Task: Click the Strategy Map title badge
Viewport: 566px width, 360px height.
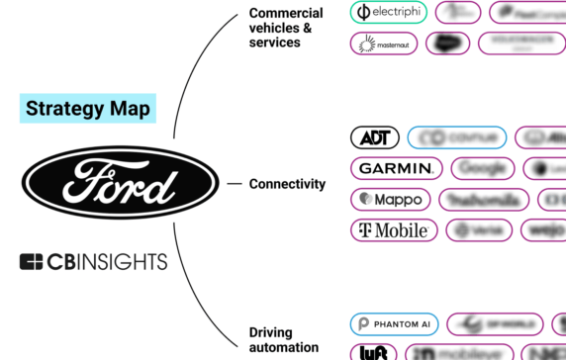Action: (x=87, y=108)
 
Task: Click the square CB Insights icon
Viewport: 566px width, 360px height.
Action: (x=32, y=262)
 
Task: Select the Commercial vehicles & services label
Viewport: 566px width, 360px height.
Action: (x=285, y=28)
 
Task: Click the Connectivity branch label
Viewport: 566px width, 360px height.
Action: (x=287, y=184)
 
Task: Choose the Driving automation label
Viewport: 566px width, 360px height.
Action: (x=284, y=339)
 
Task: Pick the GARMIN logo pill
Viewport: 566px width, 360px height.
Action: (x=396, y=168)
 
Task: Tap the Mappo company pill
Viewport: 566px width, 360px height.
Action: (x=391, y=199)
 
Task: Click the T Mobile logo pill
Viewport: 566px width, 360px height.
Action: (x=393, y=230)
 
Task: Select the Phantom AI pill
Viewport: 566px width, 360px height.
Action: (x=393, y=324)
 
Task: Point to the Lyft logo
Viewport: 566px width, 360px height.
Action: (x=373, y=352)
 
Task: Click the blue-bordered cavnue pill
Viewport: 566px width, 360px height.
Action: (x=456, y=137)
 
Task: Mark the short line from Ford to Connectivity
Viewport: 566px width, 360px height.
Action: (x=235, y=184)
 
